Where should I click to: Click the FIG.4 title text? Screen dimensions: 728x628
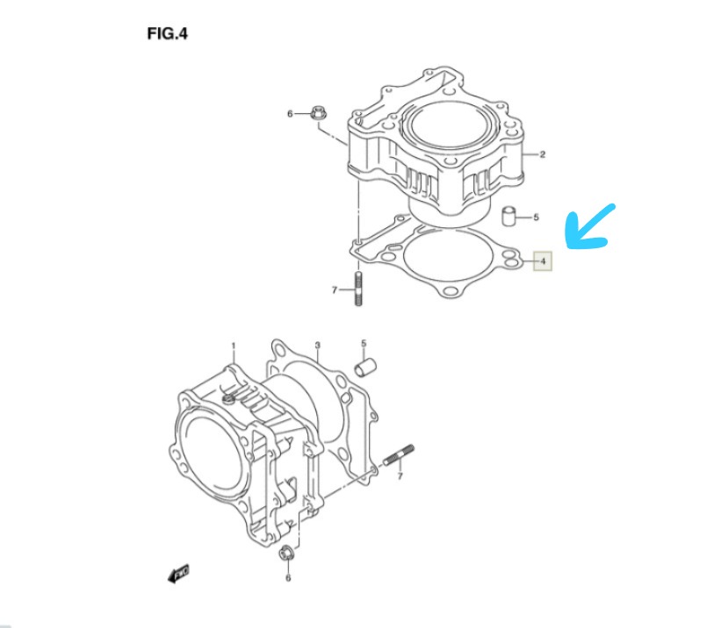[168, 34]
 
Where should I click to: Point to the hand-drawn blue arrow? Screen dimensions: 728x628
[587, 228]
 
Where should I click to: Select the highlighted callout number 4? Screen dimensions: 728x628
[543, 261]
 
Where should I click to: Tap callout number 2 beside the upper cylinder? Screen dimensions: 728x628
[543, 154]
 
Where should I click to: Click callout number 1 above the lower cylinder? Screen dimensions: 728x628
[234, 346]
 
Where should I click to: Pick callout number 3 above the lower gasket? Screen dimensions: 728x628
[318, 345]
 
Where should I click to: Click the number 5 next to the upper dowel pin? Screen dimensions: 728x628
[537, 217]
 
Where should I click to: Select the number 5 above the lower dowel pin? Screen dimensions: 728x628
[364, 343]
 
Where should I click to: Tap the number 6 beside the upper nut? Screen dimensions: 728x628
[290, 114]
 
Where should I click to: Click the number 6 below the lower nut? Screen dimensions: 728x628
[288, 578]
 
